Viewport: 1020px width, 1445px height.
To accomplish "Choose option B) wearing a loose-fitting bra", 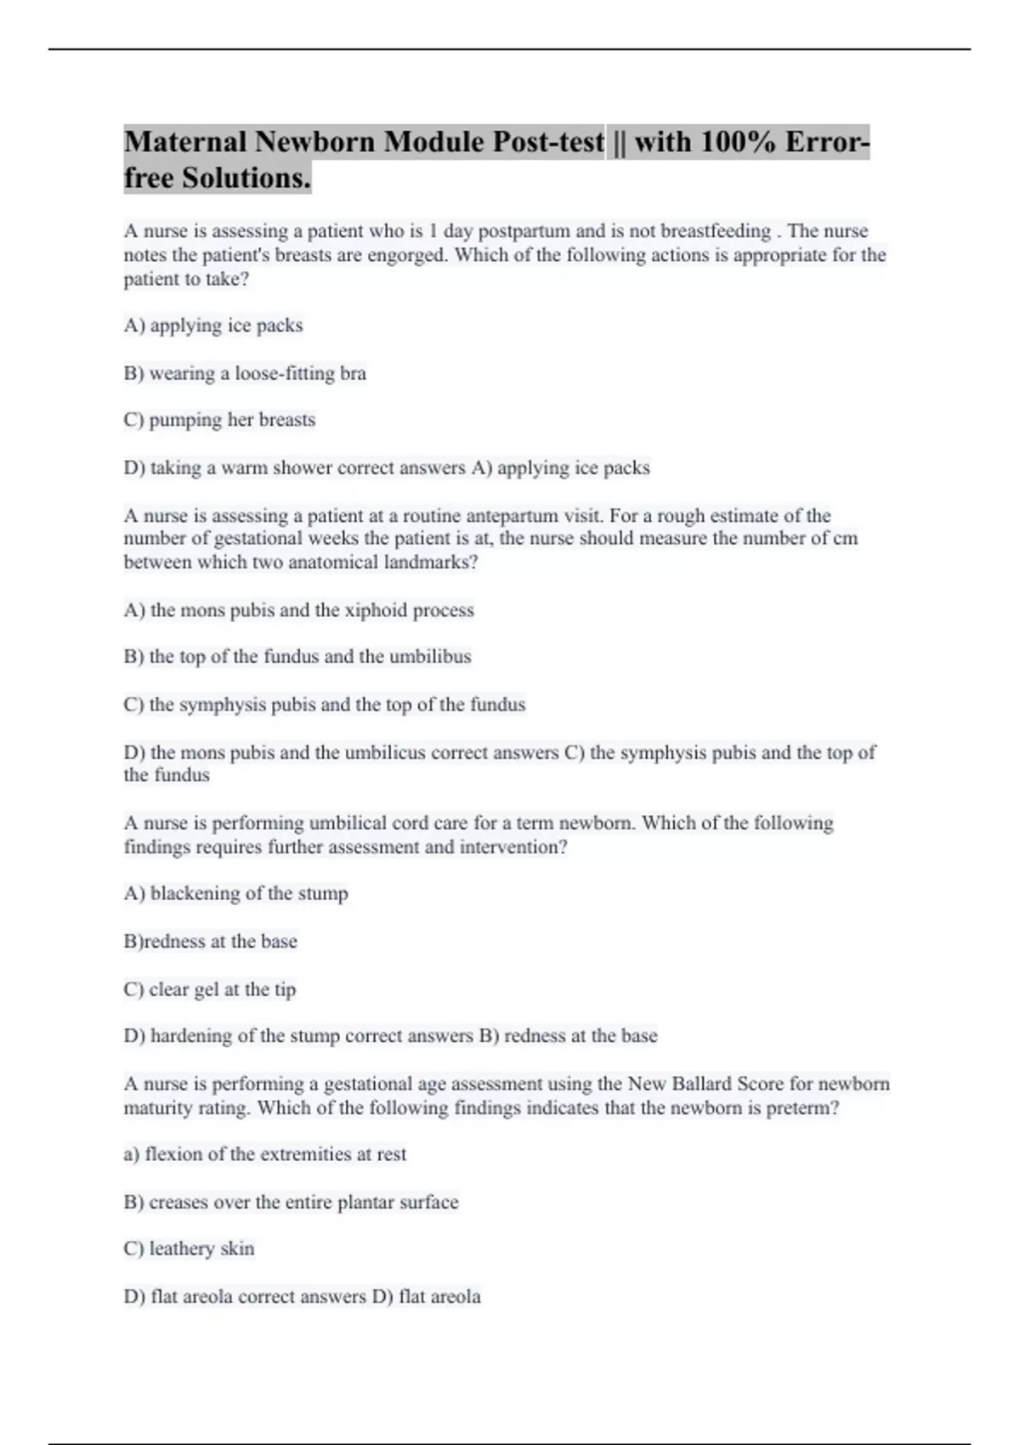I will coord(245,373).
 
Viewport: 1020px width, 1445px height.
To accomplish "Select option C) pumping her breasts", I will coord(219,420).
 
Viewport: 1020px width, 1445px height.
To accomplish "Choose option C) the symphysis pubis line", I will coord(325,705).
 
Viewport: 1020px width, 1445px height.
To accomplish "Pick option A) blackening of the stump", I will coord(236,893).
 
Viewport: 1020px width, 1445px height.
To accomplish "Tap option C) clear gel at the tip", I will coord(210,989).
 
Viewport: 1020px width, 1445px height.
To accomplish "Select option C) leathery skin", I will coord(189,1249).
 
